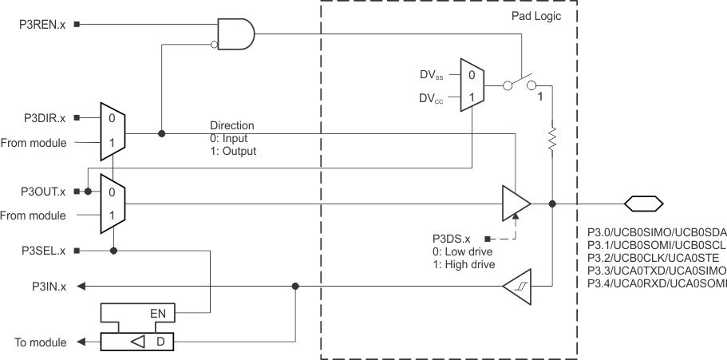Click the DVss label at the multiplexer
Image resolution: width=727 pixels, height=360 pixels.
(x=434, y=75)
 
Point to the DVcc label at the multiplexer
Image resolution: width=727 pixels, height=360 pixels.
(x=434, y=100)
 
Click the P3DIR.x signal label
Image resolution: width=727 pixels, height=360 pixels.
(x=44, y=118)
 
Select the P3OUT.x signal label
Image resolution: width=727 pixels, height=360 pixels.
(x=42, y=192)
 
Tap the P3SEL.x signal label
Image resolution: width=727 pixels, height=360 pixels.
(x=44, y=251)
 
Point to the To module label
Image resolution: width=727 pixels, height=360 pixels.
(x=40, y=342)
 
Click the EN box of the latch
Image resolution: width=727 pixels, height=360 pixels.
(x=158, y=312)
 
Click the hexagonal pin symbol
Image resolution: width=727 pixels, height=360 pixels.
(x=642, y=204)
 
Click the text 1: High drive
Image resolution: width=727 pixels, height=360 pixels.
(x=462, y=264)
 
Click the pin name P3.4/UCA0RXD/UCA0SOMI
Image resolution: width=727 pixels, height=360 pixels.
(x=656, y=283)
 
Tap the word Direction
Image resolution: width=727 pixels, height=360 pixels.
(x=231, y=125)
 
